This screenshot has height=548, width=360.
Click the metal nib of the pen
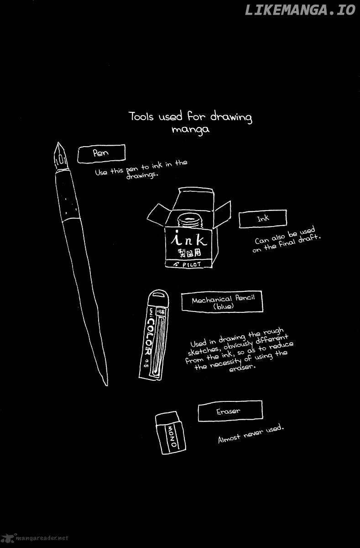60,156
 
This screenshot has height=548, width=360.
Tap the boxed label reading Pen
101,153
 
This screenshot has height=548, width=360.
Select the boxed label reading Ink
263,219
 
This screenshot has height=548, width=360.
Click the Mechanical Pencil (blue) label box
222,302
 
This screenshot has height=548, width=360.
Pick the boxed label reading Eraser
230,411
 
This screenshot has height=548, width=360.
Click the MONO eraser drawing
170,433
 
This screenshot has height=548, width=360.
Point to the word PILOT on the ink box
191,264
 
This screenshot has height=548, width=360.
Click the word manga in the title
190,129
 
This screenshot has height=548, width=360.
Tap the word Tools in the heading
141,116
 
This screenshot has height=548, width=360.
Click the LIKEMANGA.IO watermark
300,10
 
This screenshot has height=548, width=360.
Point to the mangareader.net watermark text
42,538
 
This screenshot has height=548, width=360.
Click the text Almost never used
251,434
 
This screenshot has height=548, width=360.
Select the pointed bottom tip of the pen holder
107,385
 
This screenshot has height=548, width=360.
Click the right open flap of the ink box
222,214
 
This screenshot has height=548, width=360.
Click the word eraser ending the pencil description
242,368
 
